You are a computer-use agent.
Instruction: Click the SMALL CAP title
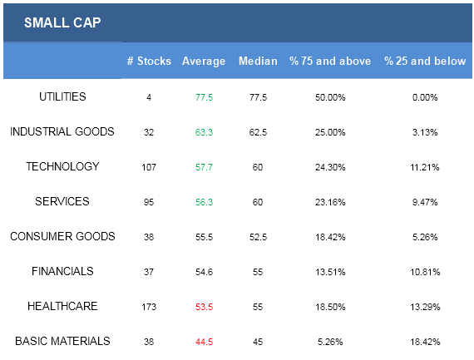(x=62, y=22)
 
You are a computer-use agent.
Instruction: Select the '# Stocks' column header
(x=149, y=61)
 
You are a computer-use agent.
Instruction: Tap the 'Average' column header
(x=204, y=62)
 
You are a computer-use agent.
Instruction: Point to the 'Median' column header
(x=258, y=61)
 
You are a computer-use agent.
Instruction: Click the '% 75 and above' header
(x=330, y=61)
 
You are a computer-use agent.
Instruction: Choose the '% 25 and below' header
(x=425, y=61)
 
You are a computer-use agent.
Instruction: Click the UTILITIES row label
(x=62, y=96)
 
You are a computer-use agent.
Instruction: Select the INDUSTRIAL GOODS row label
(x=62, y=132)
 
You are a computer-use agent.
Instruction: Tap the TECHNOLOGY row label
(x=62, y=166)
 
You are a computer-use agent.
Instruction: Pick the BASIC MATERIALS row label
(x=62, y=341)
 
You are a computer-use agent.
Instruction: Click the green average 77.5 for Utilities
(x=204, y=97)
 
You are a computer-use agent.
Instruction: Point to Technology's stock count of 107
(x=149, y=167)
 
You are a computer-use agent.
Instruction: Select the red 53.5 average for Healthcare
(x=204, y=307)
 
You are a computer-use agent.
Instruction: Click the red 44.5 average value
(x=204, y=343)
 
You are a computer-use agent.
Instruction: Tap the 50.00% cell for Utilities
(x=330, y=97)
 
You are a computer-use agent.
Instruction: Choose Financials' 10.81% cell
(x=425, y=273)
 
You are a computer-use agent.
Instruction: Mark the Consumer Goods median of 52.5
(x=258, y=237)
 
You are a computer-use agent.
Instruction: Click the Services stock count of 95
(x=149, y=202)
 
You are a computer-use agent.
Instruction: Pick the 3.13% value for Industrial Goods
(x=425, y=132)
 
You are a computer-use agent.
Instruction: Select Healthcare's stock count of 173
(x=149, y=307)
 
